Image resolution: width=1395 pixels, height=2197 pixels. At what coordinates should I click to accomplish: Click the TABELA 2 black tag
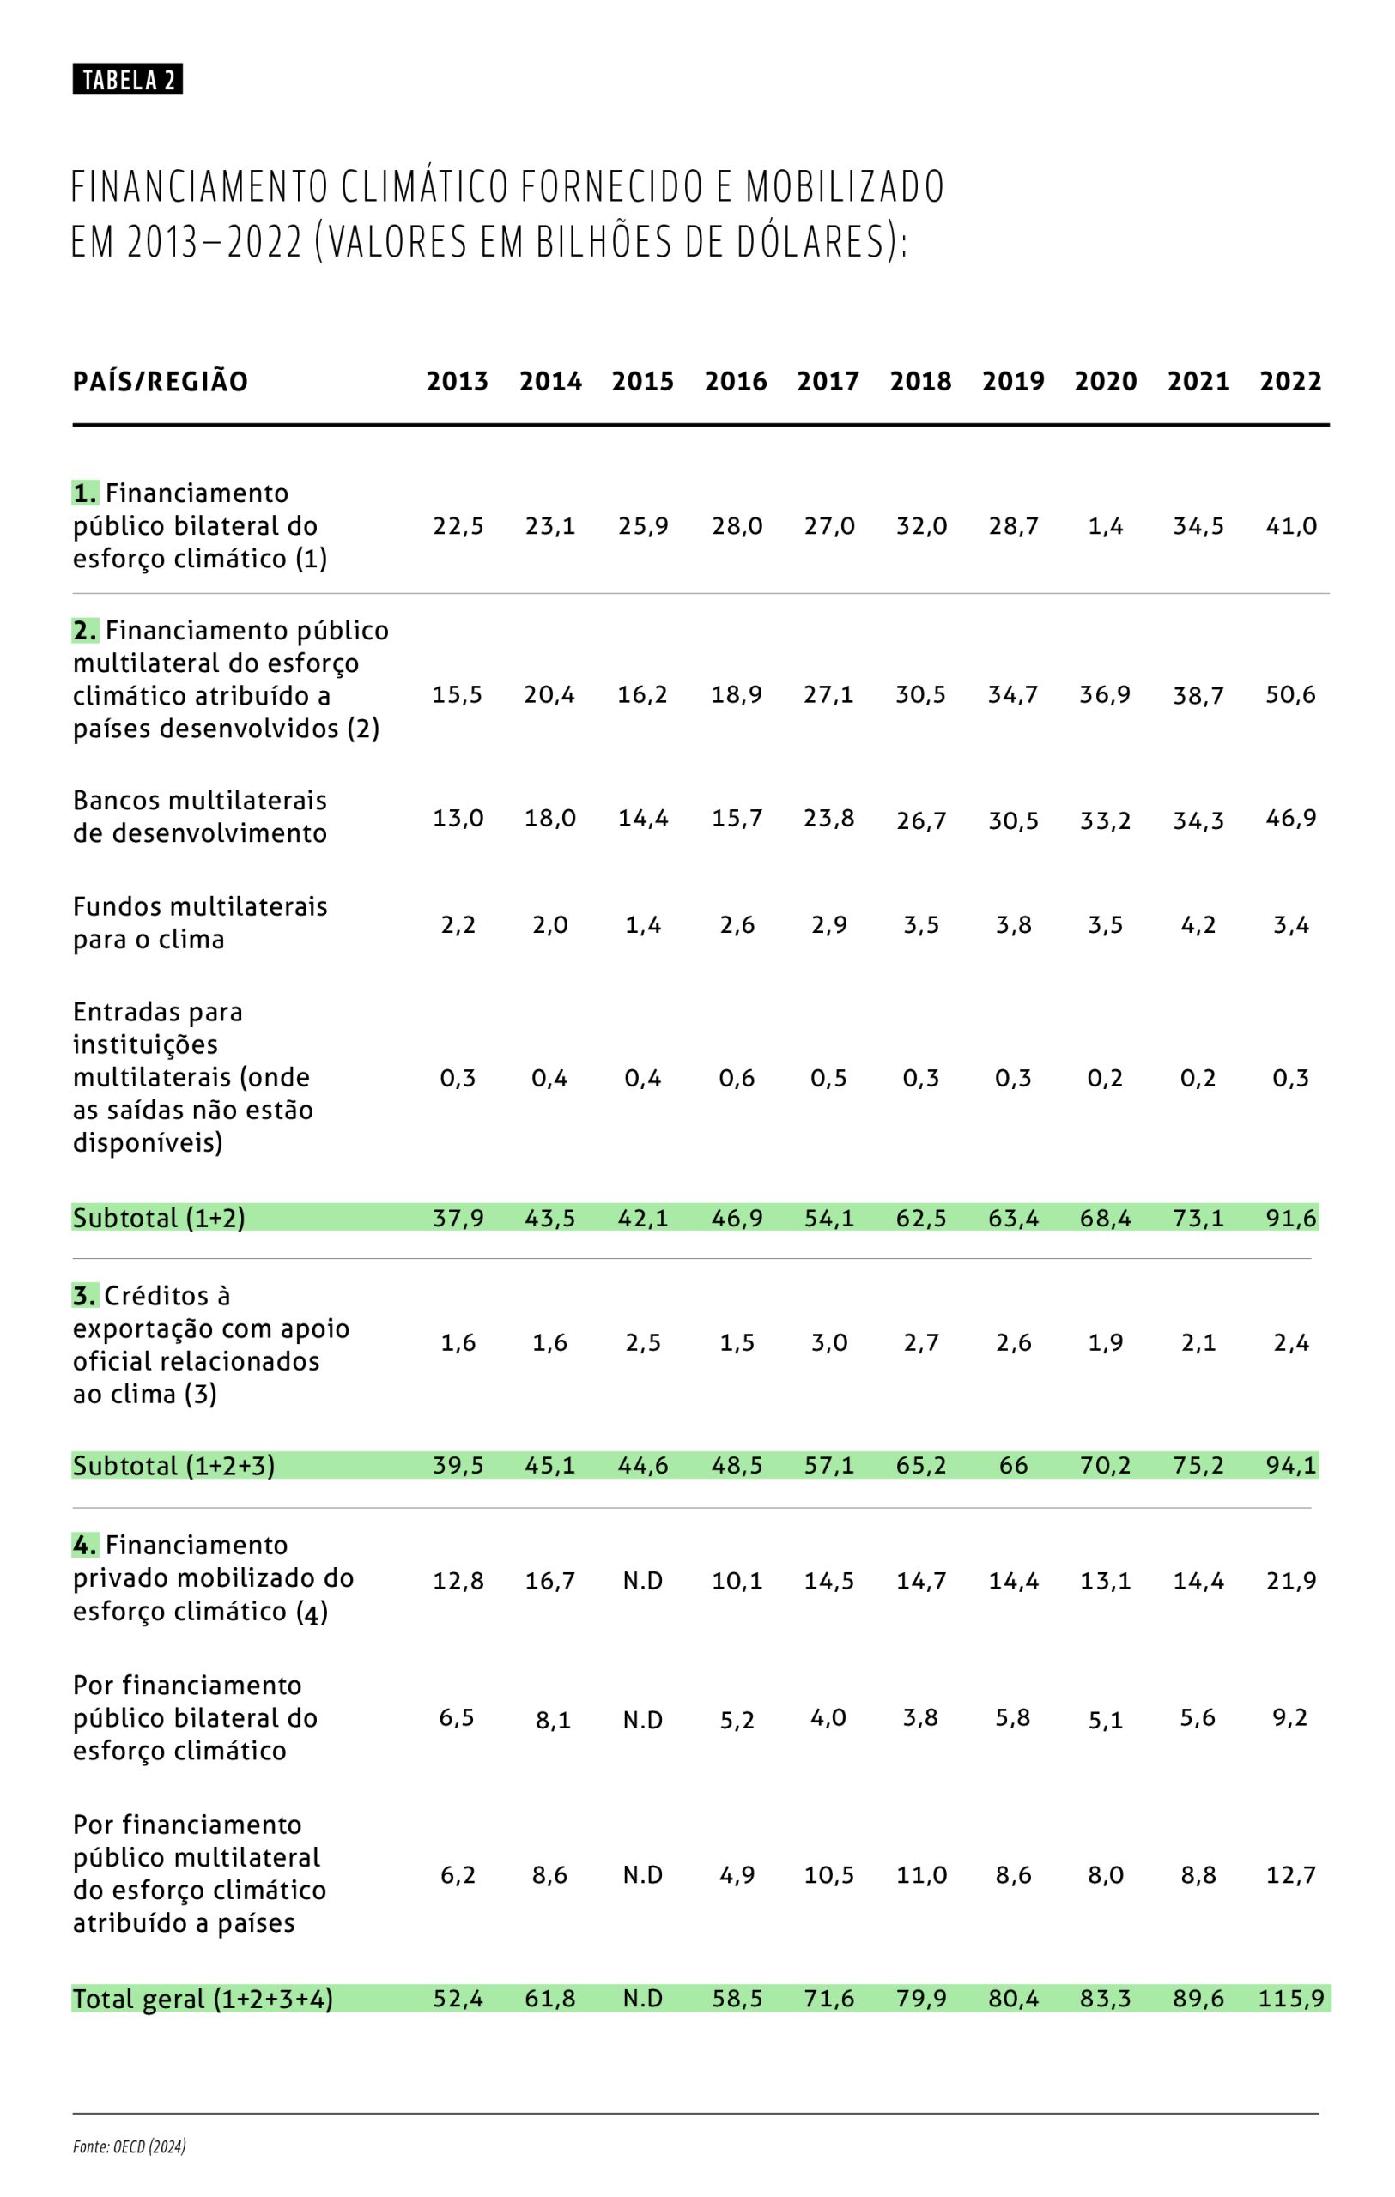click(128, 81)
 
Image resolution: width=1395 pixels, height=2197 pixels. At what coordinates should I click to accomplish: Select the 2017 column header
click(828, 381)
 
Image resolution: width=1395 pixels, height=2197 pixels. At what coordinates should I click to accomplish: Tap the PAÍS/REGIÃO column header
click(161, 381)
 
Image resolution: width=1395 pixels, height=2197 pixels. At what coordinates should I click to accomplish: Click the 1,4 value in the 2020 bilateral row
click(1105, 526)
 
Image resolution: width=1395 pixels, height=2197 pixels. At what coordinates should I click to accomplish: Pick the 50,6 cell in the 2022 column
click(1290, 695)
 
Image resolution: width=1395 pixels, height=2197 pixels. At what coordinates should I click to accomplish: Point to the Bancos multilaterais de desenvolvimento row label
click(200, 816)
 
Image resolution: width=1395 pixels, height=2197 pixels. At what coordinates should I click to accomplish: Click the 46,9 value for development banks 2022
click(1290, 818)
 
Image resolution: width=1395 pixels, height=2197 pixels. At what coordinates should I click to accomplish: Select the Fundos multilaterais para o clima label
click(200, 923)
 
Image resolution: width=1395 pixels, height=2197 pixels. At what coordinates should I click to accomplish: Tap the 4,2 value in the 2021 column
click(1198, 925)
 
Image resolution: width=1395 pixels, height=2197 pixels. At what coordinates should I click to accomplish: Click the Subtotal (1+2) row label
click(159, 1218)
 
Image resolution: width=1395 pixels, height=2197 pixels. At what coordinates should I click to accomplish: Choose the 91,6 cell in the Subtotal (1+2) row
click(1290, 1218)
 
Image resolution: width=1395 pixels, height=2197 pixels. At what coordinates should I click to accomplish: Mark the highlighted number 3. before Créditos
click(85, 1296)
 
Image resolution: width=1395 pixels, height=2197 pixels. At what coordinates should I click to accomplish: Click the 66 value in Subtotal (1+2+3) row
click(1013, 1466)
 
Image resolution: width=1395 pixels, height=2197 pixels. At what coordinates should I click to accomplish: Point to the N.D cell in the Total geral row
click(642, 1999)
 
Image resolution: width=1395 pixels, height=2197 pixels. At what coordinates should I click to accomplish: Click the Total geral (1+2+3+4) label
click(203, 1999)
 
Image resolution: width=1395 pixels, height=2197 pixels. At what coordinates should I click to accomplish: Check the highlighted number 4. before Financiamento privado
click(85, 1546)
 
